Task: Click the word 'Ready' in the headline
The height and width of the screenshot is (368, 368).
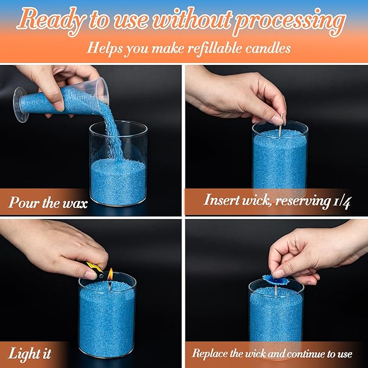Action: (x=51, y=21)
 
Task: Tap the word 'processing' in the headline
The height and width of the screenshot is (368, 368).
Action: (x=290, y=22)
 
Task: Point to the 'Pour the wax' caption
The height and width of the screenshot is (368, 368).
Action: (x=48, y=202)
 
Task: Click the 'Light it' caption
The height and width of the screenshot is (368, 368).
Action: (x=30, y=353)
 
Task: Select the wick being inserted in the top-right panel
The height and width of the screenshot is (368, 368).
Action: (x=281, y=125)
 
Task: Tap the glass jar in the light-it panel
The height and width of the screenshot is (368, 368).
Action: (x=107, y=314)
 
